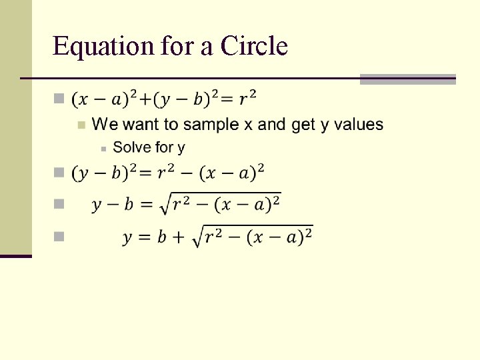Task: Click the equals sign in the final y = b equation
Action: (143, 238)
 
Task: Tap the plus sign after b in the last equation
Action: (179, 238)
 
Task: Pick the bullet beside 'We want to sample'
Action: (81, 125)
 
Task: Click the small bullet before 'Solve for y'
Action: (103, 148)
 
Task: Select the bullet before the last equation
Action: (59, 236)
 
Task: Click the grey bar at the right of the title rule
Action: (407, 79)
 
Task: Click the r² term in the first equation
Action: (247, 99)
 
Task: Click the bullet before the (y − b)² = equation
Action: (59, 173)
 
